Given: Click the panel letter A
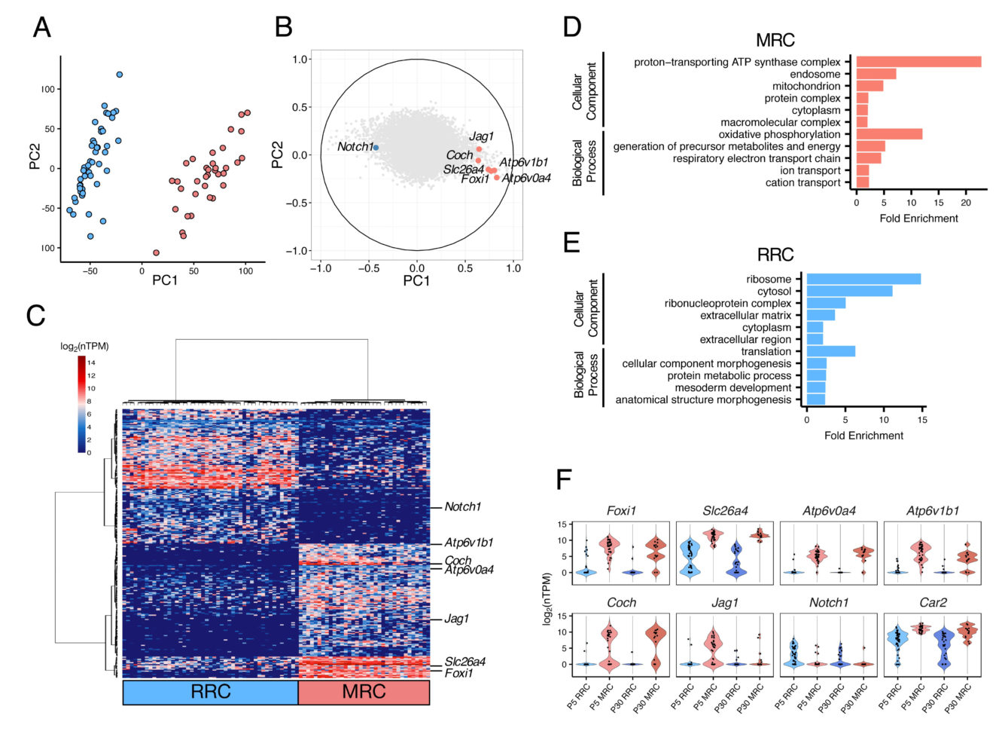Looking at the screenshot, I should pyautogui.click(x=42, y=27).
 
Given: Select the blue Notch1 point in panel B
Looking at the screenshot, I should pyautogui.click(x=376, y=148).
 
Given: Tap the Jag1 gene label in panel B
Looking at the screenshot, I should pyautogui.click(x=481, y=136).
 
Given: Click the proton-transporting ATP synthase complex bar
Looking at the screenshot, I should pyautogui.click(x=918, y=62).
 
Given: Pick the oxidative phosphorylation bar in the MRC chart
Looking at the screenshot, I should pyautogui.click(x=889, y=134).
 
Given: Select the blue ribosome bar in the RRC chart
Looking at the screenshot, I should pyautogui.click(x=863, y=279).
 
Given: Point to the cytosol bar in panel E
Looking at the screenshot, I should pyautogui.click(x=849, y=291).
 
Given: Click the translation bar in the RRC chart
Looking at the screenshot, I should pyautogui.click(x=830, y=351).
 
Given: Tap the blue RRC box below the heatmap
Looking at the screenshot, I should pyautogui.click(x=211, y=692).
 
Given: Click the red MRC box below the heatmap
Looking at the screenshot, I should pyautogui.click(x=364, y=692).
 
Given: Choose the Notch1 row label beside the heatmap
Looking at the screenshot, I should pyautogui.click(x=462, y=507).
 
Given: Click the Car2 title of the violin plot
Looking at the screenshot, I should pyautogui.click(x=933, y=603).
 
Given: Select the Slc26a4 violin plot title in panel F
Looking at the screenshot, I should pyautogui.click(x=726, y=511).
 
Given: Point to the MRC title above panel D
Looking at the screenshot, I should pyautogui.click(x=775, y=40).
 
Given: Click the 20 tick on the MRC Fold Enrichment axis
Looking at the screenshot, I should pyautogui.click(x=967, y=203).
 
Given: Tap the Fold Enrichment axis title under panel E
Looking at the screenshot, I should pyautogui.click(x=863, y=436).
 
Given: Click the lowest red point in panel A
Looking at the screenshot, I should pyautogui.click(x=157, y=252).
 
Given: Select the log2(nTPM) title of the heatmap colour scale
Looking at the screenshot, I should pyautogui.click(x=84, y=346).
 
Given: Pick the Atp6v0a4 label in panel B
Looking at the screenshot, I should pyautogui.click(x=526, y=179).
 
